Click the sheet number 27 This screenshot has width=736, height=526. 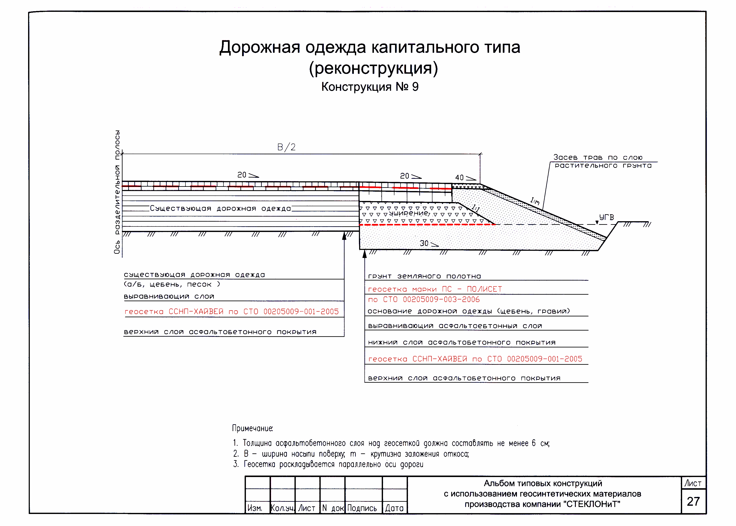[693, 501]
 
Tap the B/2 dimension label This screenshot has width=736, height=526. [286, 147]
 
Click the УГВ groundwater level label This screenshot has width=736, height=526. [606, 217]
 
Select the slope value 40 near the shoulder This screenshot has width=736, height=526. [459, 178]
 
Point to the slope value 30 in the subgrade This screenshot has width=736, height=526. [424, 243]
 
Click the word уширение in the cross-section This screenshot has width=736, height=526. [409, 213]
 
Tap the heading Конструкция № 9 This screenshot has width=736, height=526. [370, 87]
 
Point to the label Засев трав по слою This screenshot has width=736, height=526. [598, 157]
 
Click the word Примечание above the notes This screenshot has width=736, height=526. [252, 428]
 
